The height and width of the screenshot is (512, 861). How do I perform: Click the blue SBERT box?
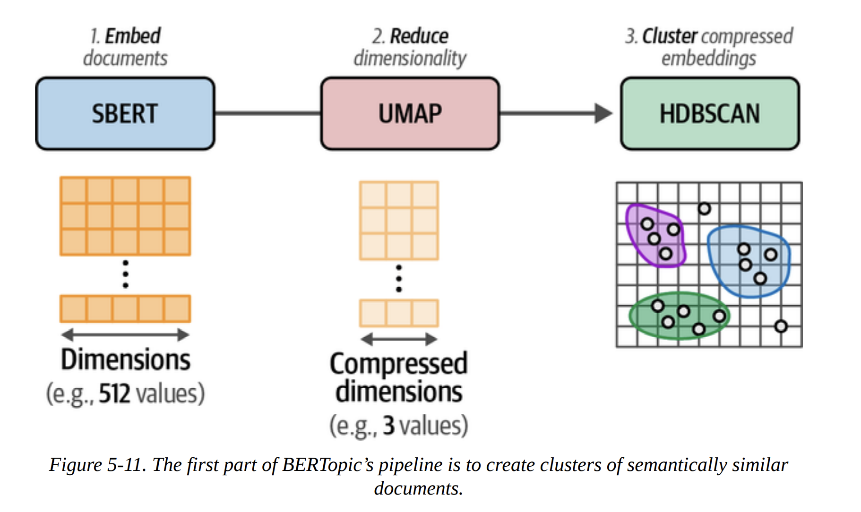(125, 114)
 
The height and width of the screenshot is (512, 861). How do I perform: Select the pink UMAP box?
(410, 114)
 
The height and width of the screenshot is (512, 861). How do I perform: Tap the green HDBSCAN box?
(710, 114)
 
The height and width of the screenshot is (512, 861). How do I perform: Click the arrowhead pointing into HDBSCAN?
(603, 113)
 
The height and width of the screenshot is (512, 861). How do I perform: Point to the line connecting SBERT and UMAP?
(267, 113)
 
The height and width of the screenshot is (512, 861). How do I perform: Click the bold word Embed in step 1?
(132, 36)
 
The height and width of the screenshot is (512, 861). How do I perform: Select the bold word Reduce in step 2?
(419, 36)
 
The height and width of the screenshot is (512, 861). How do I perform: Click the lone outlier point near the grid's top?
(704, 208)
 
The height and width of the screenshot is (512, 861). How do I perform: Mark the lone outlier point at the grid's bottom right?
(781, 326)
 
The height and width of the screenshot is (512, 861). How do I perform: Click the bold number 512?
(114, 393)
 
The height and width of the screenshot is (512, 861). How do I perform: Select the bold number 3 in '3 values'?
(388, 425)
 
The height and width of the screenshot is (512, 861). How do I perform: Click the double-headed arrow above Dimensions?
(125, 335)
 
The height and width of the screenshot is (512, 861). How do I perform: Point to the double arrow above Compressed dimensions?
(399, 339)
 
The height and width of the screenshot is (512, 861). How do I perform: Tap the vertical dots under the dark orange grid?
(125, 274)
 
